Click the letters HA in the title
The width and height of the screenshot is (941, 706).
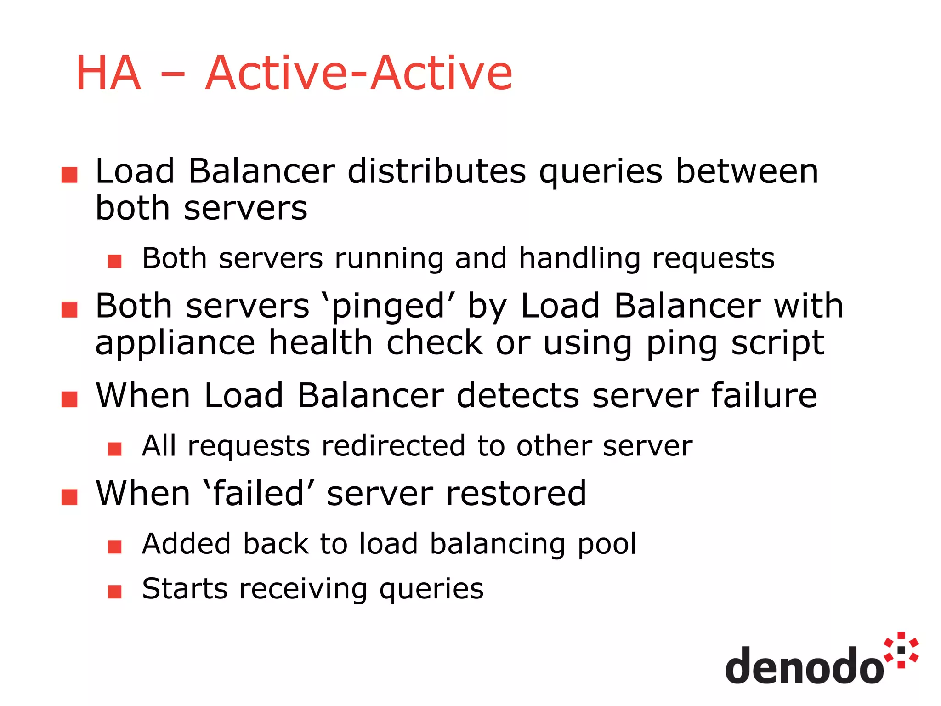tap(108, 73)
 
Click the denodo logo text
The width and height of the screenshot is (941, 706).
tap(804, 666)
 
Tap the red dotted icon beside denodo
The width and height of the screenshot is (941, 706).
tap(901, 650)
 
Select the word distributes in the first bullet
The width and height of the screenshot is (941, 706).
tap(436, 171)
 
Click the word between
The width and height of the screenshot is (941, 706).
tap(747, 171)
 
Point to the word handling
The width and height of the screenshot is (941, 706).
tap(579, 259)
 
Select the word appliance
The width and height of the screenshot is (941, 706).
tap(175, 344)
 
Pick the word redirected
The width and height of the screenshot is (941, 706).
tap(393, 446)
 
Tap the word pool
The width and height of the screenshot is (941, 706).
tap(607, 544)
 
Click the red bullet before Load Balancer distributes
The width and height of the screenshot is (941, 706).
tap(69, 175)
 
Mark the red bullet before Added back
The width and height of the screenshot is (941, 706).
tap(115, 547)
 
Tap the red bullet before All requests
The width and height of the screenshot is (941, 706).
tap(115, 449)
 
